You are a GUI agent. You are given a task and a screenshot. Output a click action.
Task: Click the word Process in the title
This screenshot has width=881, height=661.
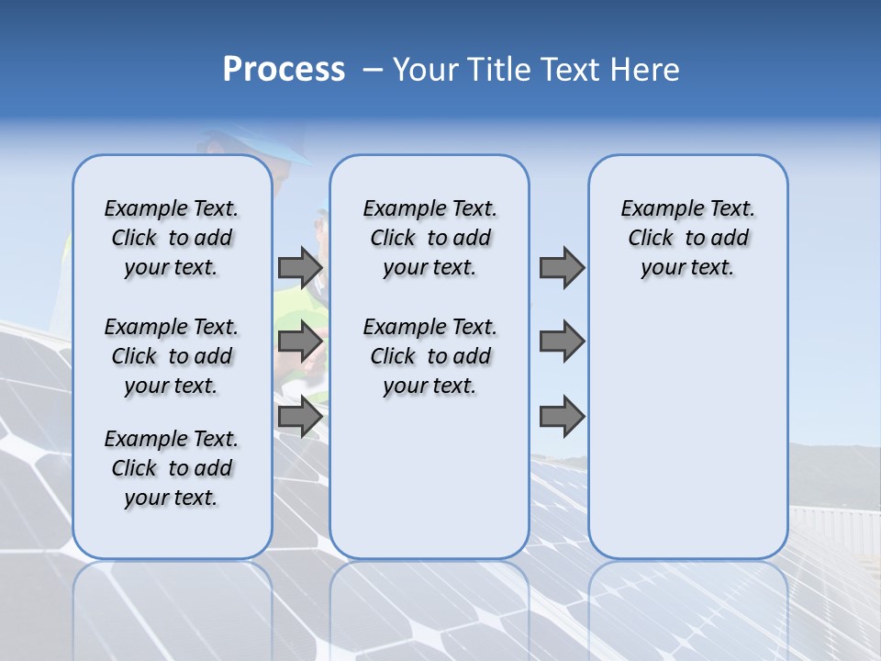coord(284,70)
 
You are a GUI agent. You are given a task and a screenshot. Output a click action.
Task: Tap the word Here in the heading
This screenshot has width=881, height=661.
coord(647,70)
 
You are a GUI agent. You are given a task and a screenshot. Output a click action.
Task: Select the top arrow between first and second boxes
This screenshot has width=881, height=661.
coord(300,268)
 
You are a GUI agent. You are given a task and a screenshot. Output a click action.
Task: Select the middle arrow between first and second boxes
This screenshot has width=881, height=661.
coord(300,342)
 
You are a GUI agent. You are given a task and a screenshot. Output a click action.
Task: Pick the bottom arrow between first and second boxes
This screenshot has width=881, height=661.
coord(300,417)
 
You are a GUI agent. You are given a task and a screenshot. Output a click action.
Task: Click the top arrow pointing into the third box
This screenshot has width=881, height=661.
coord(562,268)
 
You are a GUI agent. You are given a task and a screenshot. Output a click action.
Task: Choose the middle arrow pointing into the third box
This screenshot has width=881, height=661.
coord(562,342)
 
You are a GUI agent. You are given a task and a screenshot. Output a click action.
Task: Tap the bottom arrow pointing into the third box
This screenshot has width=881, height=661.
coord(562,417)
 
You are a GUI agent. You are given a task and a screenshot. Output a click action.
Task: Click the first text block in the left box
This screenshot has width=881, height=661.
coord(172,238)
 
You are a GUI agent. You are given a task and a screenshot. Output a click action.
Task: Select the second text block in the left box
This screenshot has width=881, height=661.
coord(172,356)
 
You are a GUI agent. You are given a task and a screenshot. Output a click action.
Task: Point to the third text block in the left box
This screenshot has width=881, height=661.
coord(172,468)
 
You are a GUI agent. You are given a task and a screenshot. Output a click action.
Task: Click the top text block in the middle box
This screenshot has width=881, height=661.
coord(429,238)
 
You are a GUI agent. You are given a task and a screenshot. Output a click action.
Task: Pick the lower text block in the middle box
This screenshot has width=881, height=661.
coord(429,356)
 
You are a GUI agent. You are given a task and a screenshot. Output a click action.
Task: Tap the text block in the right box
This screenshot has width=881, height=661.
coord(687,238)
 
